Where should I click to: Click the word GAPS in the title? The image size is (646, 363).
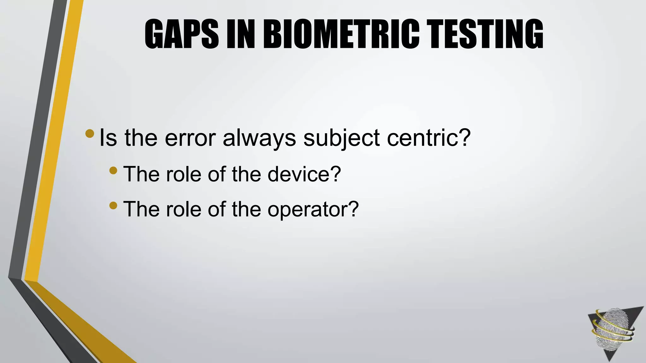(182, 34)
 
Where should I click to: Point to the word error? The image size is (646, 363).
(190, 138)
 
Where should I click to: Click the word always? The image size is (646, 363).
(259, 138)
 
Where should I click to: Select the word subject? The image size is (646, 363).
(342, 138)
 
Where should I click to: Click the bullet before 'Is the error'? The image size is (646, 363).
(90, 133)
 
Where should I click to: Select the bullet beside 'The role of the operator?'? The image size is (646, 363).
(113, 206)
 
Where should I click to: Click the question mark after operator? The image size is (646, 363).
(353, 209)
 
